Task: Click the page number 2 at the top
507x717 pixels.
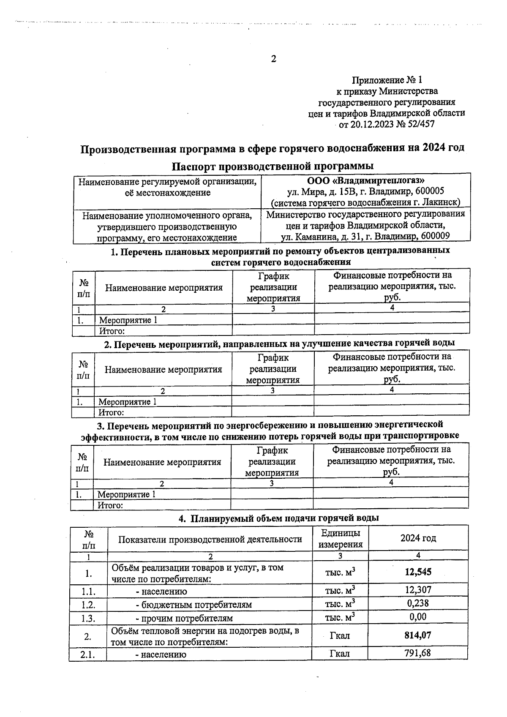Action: tap(273, 59)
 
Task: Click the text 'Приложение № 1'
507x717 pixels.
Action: tap(387, 80)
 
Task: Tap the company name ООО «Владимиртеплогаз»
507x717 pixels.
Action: tap(365, 180)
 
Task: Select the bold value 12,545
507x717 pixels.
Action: tap(418, 572)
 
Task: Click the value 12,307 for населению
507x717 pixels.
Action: tap(418, 589)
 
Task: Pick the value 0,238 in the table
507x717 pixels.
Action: tap(418, 603)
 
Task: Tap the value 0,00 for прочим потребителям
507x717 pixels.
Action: tap(418, 617)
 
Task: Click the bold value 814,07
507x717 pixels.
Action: tap(418, 635)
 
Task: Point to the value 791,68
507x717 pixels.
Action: tap(418, 653)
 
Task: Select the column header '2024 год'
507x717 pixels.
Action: tap(418, 538)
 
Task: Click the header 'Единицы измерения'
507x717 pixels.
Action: tap(340, 538)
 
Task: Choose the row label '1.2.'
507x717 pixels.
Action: tap(88, 605)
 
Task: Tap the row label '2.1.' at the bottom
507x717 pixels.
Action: tap(88, 654)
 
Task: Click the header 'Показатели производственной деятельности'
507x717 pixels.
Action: tap(210, 539)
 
